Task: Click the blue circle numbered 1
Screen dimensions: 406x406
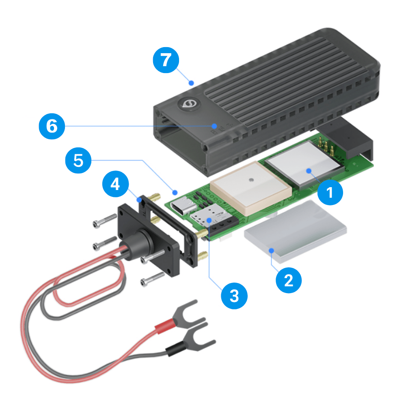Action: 330,191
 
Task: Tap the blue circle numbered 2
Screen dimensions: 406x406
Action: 288,280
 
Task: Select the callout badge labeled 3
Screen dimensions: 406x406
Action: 234,296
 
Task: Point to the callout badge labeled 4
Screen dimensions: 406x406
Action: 115,185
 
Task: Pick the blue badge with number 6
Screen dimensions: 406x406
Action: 52,126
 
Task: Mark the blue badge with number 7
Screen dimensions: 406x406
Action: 165,61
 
